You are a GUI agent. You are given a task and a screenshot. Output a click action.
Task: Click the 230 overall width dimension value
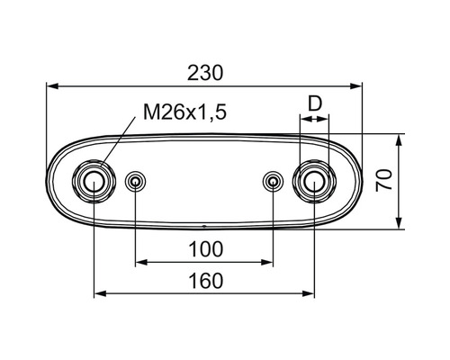(205, 73)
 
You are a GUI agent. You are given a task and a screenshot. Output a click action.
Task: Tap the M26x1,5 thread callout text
(184, 112)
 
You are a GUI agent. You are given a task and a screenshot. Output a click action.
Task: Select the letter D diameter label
(315, 103)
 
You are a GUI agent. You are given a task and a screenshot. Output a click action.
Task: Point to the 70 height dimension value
(384, 180)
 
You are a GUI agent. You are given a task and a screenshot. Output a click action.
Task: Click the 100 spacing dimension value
(206, 249)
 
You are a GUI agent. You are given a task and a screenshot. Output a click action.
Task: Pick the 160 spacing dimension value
(206, 281)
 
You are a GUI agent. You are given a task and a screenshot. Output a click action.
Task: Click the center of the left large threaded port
(94, 181)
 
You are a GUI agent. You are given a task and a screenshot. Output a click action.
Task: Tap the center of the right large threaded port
(314, 181)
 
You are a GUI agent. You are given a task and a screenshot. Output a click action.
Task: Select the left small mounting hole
(135, 181)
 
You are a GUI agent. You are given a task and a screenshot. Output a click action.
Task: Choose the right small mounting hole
(273, 181)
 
